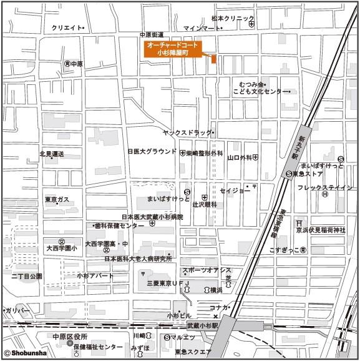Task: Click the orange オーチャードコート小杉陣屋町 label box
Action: pos(170,49)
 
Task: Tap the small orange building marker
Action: pos(213,59)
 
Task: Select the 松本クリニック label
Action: pos(233,19)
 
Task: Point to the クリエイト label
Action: pos(66,28)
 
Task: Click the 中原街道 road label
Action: pos(152,34)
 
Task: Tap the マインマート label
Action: pos(202,29)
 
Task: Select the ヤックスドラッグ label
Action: pos(186,133)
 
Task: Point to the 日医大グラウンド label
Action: pos(152,152)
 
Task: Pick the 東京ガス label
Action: pos(57,200)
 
